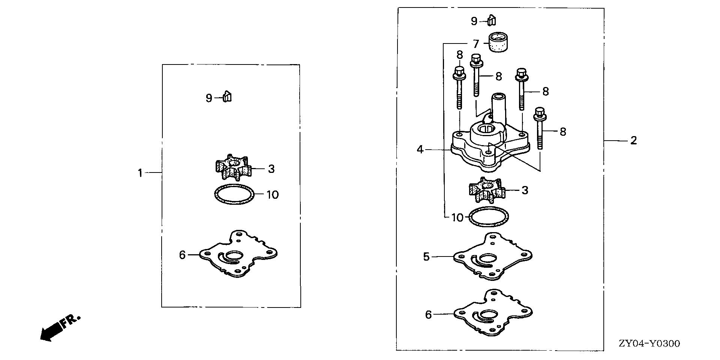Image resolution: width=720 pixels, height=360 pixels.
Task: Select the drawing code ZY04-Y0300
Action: point(649,343)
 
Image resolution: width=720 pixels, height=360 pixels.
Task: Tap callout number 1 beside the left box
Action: point(140,173)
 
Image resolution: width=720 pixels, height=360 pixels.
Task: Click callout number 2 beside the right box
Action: point(633,141)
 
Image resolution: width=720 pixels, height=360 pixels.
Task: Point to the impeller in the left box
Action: point(233,168)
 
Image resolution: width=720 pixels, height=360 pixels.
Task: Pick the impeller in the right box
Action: point(486,190)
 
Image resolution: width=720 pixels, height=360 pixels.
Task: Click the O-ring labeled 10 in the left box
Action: point(234,195)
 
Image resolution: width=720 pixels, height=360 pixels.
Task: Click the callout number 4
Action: point(420,150)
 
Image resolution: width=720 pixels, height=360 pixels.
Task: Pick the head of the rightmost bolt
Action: point(539,112)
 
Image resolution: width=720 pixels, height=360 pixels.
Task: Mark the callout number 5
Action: point(426,257)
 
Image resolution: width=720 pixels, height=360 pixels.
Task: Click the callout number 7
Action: point(476,44)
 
